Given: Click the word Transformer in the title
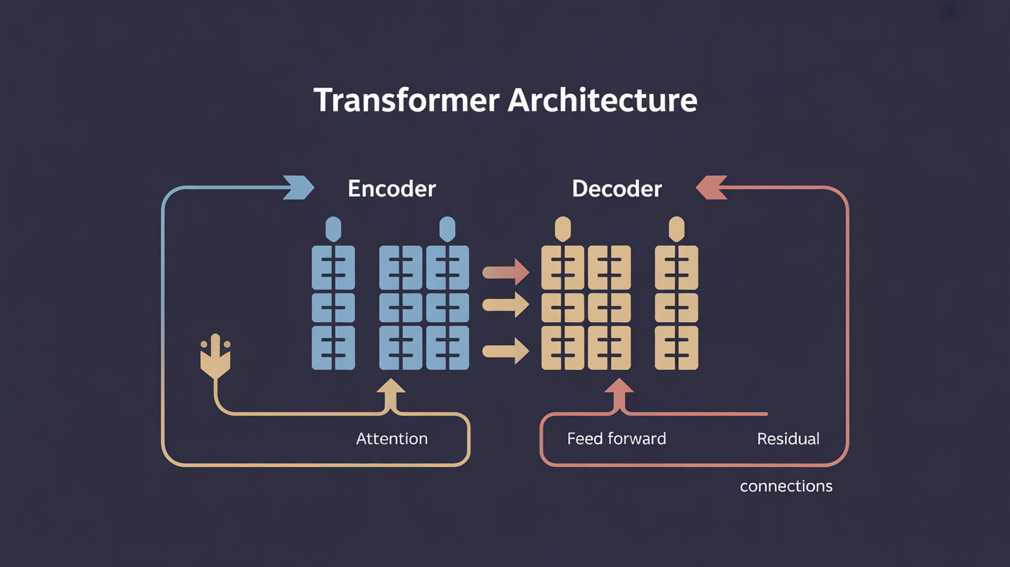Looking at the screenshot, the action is point(406,99).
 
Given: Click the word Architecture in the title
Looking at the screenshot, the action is point(603,99).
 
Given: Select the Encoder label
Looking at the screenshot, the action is point(392,189).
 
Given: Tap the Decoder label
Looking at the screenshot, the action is point(617,189).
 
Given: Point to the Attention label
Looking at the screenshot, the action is point(392,438).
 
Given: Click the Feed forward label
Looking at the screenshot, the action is point(617,438).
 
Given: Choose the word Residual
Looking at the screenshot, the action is point(788,438).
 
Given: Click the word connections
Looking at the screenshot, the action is point(786,486).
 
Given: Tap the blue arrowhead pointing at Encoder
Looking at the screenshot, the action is point(299,187).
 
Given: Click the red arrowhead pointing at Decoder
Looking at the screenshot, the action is point(711,187).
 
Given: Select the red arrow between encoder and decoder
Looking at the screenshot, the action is point(506,272).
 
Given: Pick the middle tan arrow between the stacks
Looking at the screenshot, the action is point(506,305).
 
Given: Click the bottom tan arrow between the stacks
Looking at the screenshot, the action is point(506,351).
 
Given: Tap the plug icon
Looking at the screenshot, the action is point(216,357).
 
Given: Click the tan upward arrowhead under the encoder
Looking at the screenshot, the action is point(390,389).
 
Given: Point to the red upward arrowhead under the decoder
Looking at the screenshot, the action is point(619,389).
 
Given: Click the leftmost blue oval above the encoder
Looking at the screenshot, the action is point(333,229).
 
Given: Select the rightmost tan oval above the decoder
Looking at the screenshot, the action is point(677,229).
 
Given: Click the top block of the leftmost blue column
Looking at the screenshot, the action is point(333,267).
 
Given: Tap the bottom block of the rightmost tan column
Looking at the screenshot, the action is point(677,347).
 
